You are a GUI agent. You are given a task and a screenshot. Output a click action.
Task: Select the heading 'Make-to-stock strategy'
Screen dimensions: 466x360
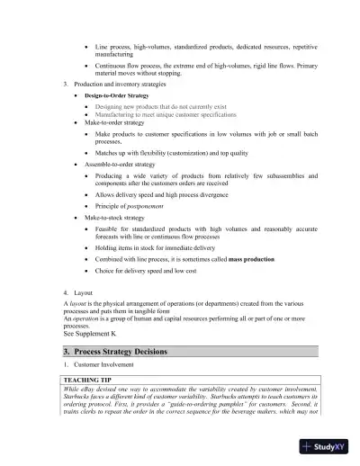click(x=121, y=218)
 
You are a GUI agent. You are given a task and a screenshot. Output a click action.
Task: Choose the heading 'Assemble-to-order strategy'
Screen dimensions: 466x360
click(x=126, y=166)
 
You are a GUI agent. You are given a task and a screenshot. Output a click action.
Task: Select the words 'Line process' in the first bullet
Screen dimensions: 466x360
click(x=115, y=45)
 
